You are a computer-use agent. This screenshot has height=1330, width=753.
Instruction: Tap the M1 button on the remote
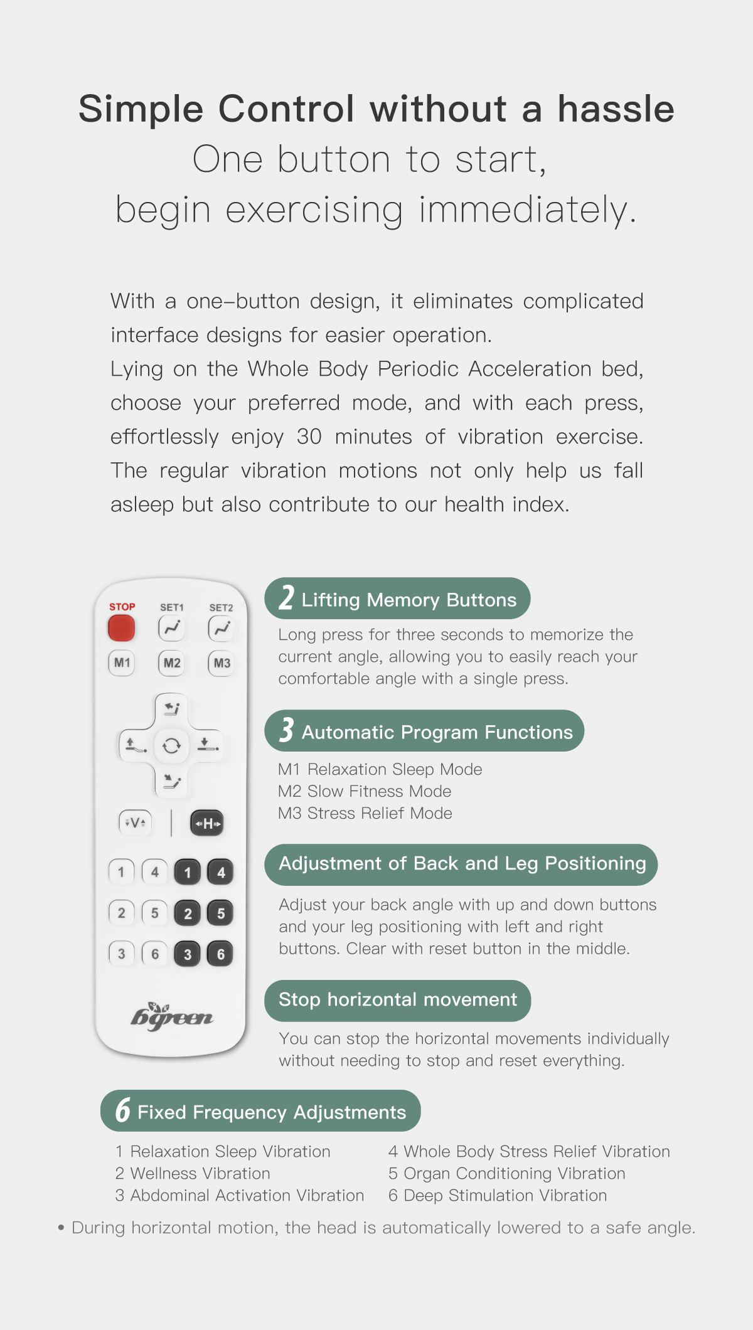tap(122, 663)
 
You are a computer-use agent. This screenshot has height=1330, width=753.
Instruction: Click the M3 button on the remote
tap(222, 663)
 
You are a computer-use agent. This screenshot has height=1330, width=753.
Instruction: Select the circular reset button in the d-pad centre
tap(171, 745)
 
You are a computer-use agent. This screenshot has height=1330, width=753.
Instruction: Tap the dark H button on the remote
tap(207, 823)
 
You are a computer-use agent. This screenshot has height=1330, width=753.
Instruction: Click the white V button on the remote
tap(135, 822)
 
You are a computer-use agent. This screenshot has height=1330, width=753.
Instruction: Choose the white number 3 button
tap(122, 954)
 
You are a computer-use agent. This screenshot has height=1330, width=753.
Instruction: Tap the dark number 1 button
tap(187, 873)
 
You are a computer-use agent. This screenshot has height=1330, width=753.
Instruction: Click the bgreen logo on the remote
tap(171, 1016)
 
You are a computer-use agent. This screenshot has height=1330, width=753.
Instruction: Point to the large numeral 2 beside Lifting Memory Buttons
tap(287, 598)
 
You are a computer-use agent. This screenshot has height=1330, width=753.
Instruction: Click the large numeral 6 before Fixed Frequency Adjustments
tap(122, 1110)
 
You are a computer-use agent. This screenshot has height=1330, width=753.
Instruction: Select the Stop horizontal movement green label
tap(397, 1000)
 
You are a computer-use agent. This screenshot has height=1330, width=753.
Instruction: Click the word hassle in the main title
tap(616, 109)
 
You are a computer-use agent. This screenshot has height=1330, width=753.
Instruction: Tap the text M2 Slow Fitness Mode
tap(365, 791)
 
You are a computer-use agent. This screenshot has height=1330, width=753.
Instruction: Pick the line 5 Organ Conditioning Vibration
tap(506, 1173)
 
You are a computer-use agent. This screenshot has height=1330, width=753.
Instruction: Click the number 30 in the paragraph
tap(309, 437)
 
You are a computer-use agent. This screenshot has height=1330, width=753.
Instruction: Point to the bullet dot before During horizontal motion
tap(61, 1228)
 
